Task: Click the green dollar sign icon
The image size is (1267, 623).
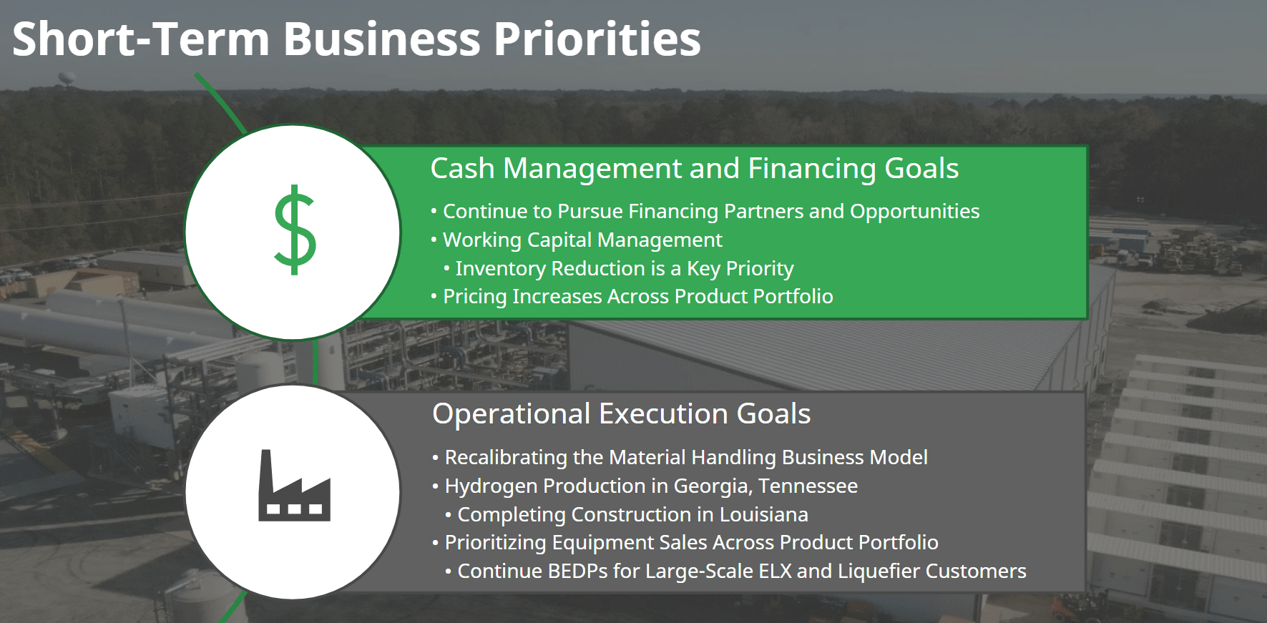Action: pos(295,230)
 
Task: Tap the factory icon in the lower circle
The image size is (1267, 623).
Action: pos(294,485)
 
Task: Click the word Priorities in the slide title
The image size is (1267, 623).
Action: pos(597,39)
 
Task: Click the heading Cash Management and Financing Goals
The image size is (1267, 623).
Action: pos(694,169)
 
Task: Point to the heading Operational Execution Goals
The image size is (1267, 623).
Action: pos(622,413)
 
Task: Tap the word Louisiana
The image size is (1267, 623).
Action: pos(764,514)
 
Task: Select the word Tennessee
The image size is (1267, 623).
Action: pos(808,486)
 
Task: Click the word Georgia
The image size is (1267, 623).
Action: pos(713,486)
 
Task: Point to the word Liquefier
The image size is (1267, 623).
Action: pos(878,571)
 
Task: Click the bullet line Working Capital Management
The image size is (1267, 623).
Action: pos(582,240)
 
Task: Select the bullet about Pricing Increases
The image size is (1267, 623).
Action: pos(638,297)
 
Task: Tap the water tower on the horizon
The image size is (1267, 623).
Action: pos(67,79)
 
